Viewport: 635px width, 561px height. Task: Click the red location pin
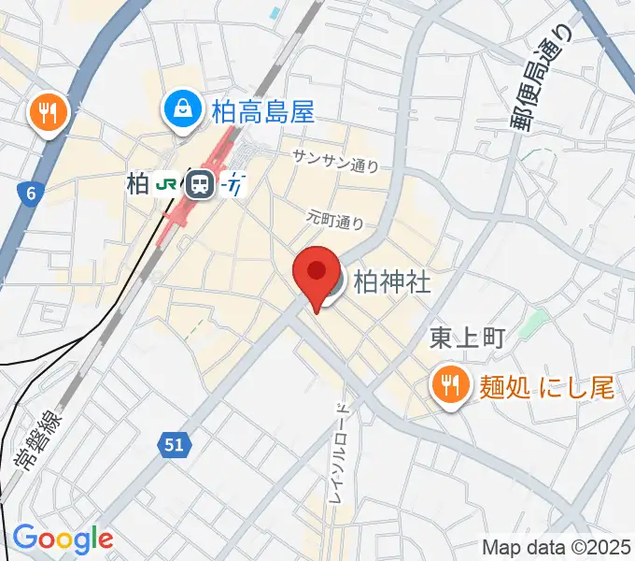pos(316,273)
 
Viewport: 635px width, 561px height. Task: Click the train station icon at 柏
pos(199,184)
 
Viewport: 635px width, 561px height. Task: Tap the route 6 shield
pos(31,194)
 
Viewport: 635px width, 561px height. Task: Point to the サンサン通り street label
pos(336,161)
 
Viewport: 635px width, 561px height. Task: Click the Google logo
pos(63,539)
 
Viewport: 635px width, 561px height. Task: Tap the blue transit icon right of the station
pos(233,185)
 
